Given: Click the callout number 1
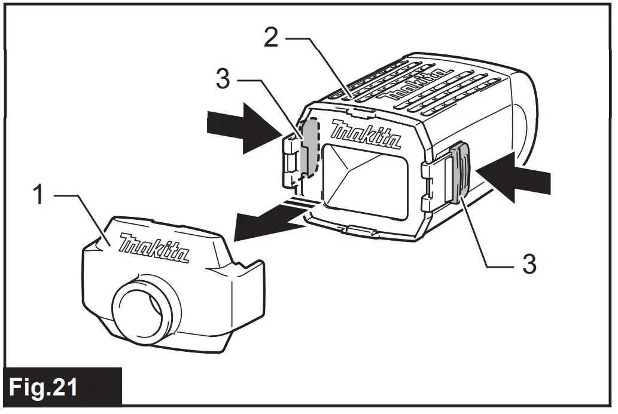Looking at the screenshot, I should (38, 195).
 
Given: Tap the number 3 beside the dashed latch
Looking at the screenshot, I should (222, 79).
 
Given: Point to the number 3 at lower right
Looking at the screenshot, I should (529, 263).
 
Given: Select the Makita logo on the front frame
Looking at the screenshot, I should (366, 135).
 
